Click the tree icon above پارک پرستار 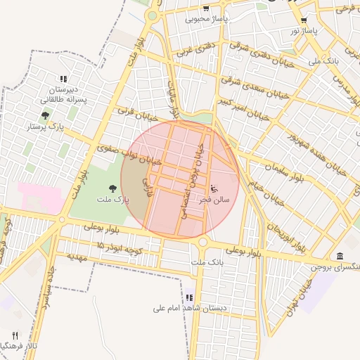pos(46,115)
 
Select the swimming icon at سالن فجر pos(214,188)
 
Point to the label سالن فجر pos(212,200)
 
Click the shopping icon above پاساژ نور pos(304,20)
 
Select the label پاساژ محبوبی pos(205,19)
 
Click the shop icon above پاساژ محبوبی pos(205,8)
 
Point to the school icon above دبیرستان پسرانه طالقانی pos(63,79)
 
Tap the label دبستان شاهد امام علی pos(185,308)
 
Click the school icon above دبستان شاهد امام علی pos(189,298)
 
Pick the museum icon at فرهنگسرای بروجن pos(340,255)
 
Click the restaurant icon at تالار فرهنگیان pos(15,335)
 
